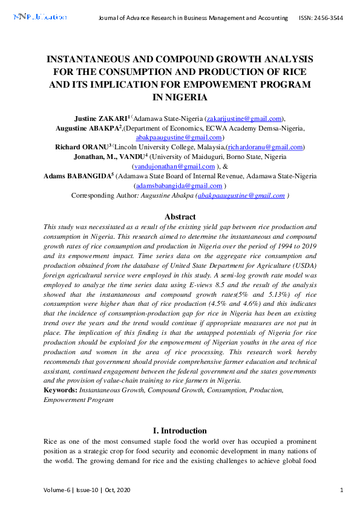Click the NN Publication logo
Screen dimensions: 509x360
pyautogui.click(x=39, y=18)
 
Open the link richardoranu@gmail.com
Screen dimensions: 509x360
pyautogui.click(x=264, y=147)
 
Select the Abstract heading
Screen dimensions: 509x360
pyautogui.click(x=180, y=216)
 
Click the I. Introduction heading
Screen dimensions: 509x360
pyautogui.click(x=180, y=431)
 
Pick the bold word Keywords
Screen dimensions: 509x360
pyautogui.click(x=60, y=391)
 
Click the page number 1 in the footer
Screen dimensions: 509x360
pyautogui.click(x=342, y=490)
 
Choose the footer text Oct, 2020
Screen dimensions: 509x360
pyautogui.click(x=116, y=490)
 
